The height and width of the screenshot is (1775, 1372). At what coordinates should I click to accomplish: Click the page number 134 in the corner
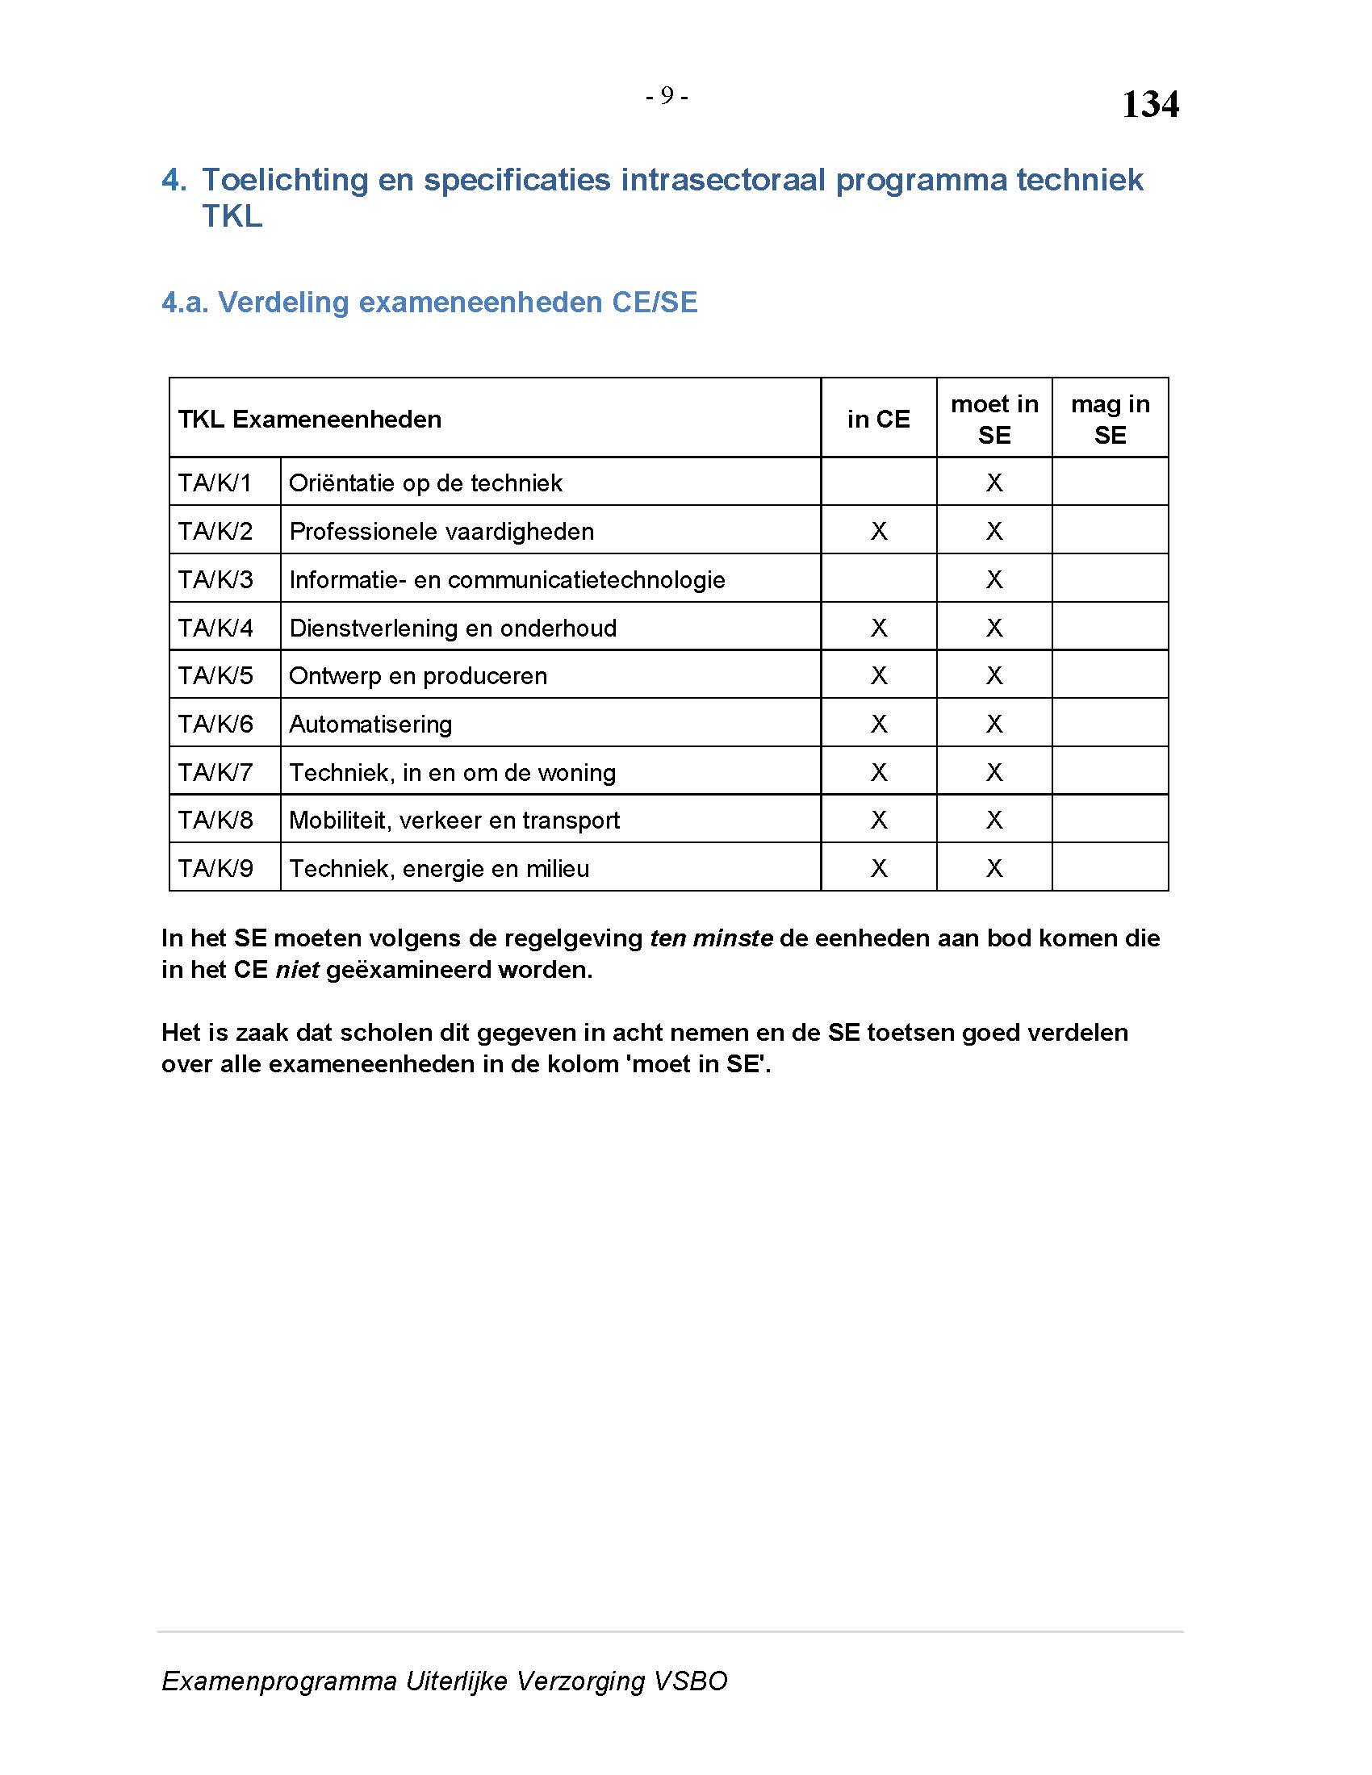pos(1150,104)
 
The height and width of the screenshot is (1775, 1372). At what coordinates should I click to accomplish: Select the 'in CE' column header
pos(878,419)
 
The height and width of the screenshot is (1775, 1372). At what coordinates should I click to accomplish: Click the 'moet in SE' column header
pos(994,419)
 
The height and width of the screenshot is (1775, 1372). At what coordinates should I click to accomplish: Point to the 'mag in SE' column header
pos(1110,419)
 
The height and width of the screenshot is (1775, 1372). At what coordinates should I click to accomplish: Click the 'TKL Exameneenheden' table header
pos(310,419)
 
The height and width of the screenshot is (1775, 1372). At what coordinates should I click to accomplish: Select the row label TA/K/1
pos(215,482)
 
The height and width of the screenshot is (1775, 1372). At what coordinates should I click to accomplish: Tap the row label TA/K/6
pos(215,724)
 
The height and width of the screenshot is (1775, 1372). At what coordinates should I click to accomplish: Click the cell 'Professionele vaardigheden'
pos(441,532)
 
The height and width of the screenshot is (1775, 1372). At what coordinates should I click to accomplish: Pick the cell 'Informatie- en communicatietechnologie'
pos(507,579)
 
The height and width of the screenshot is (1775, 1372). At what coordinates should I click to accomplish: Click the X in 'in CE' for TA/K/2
pos(879,532)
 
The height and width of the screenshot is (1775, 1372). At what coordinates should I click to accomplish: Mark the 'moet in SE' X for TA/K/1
pos(994,482)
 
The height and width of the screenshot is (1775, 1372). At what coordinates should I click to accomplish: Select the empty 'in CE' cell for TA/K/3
pos(879,578)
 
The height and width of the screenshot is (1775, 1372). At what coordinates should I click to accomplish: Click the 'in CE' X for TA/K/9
pos(879,868)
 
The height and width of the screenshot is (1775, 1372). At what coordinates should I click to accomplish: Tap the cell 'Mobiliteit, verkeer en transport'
pos(454,820)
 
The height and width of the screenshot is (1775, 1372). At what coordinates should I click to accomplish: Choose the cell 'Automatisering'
pos(370,724)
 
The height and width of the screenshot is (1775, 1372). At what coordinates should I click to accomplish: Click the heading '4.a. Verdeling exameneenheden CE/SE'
pos(429,303)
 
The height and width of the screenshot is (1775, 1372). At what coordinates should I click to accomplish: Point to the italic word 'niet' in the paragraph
pos(297,970)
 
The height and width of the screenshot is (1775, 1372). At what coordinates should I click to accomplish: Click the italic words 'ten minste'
pos(711,938)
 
